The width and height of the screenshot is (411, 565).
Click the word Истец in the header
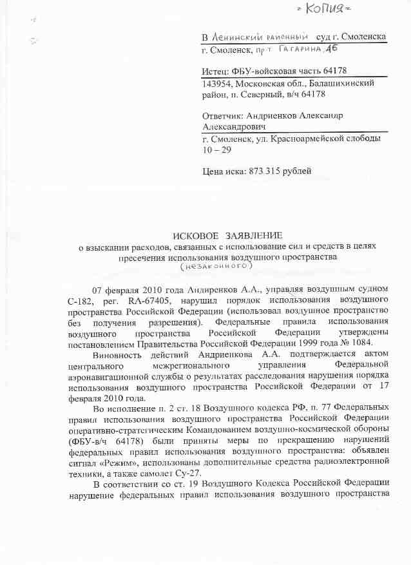click(x=216, y=71)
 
